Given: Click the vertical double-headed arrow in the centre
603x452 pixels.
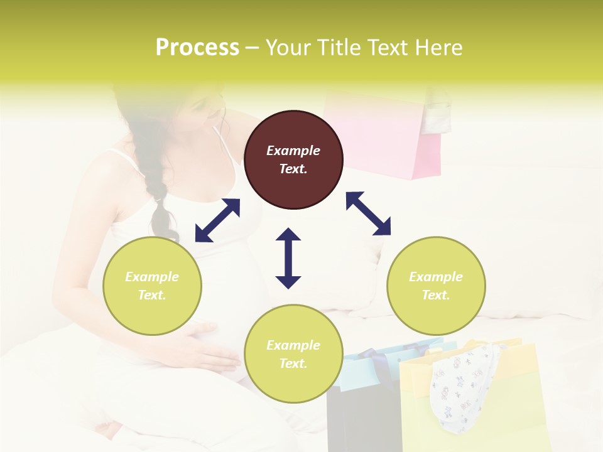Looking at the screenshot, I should pyautogui.click(x=288, y=258).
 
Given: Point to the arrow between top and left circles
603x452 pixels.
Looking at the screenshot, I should pyautogui.click(x=217, y=220).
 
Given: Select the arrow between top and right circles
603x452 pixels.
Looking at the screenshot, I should pyautogui.click(x=368, y=213).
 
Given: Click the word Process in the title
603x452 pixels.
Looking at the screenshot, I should pyautogui.click(x=197, y=48).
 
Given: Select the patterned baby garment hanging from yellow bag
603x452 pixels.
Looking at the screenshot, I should pyautogui.click(x=462, y=383).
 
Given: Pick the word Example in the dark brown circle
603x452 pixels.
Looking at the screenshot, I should pyautogui.click(x=293, y=151).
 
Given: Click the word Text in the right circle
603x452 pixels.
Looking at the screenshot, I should pyautogui.click(x=436, y=295).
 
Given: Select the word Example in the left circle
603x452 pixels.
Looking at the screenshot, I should pyautogui.click(x=152, y=277).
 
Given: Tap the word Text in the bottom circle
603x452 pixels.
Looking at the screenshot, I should pyautogui.click(x=293, y=363).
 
